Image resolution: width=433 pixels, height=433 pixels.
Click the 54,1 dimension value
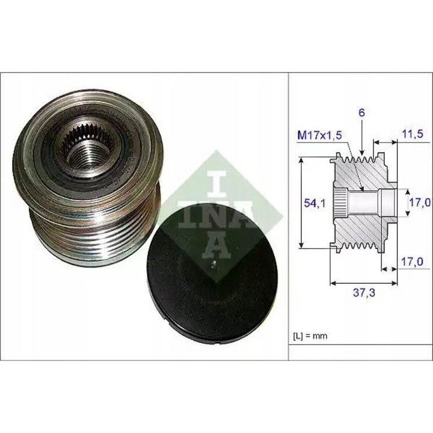pos(311,203)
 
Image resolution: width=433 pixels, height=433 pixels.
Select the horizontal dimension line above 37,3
pos(363,281)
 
